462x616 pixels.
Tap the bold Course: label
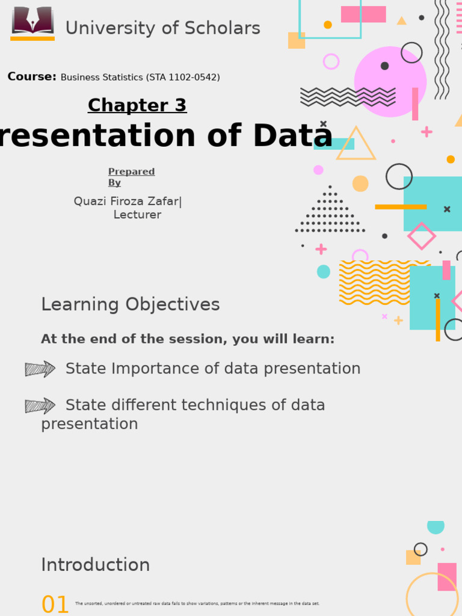[32, 77]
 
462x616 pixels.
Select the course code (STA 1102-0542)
[183, 78]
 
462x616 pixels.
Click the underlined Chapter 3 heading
[137, 105]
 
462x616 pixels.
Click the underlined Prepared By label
[131, 177]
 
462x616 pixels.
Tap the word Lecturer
[137, 215]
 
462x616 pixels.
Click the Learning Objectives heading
[130, 305]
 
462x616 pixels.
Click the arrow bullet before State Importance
[40, 369]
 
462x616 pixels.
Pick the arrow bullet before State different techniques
[40, 405]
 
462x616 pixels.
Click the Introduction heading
[95, 565]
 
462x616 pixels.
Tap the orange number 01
[55, 605]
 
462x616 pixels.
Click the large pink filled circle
[390, 82]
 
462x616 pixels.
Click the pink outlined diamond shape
[421, 236]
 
